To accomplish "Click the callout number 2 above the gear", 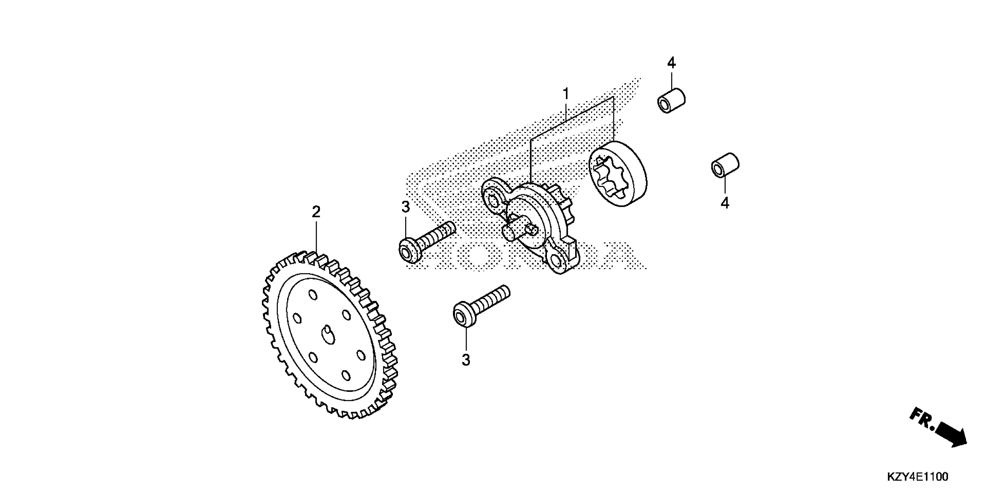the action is [x=316, y=212].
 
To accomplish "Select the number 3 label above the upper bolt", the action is [x=406, y=207].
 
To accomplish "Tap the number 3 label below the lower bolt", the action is [x=466, y=360].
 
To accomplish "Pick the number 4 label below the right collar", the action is [x=725, y=203].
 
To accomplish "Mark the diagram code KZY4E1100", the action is [x=917, y=476].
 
